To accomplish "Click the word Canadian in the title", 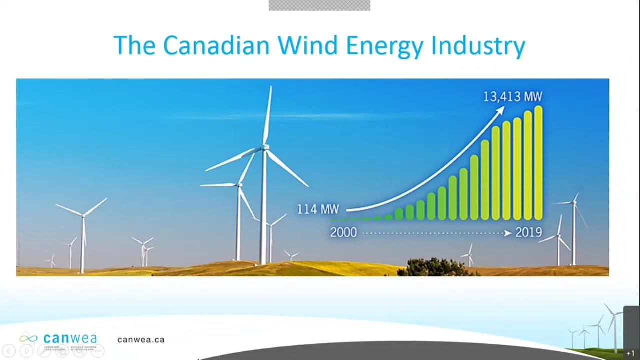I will [216, 45].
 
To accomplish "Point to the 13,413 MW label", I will [512, 96].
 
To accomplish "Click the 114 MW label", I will [318, 209].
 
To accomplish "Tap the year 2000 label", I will [343, 233].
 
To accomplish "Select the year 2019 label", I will [528, 233].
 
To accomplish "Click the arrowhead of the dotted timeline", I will [508, 233].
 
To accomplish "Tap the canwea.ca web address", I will [141, 340].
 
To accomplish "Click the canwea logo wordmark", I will [70, 338].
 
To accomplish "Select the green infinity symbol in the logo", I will [28, 338].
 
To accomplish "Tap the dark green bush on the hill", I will [433, 268].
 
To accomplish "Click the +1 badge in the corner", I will [630, 353].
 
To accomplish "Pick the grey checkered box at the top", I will [319, 5].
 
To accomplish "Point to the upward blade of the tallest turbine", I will [268, 115].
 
